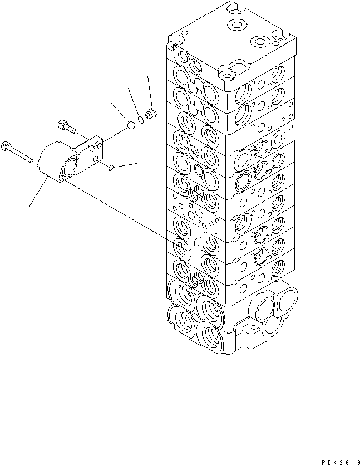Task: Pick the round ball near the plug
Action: [130, 126]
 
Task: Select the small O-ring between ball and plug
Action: [141, 120]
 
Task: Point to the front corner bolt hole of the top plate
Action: [225, 73]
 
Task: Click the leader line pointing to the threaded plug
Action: [149, 92]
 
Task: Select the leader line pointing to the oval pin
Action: [126, 164]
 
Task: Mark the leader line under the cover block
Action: [37, 192]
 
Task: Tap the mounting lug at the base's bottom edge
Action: [247, 345]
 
